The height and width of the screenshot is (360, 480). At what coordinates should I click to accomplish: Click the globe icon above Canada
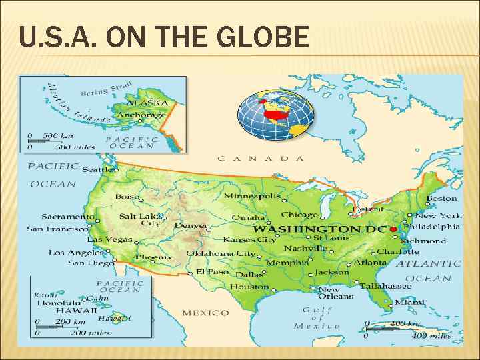click(x=275, y=115)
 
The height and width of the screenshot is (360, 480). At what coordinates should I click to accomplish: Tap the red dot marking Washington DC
click(x=393, y=229)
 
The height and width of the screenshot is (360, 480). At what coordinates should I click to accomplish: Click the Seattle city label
click(x=97, y=170)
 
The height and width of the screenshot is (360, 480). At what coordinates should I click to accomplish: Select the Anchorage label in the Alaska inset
click(x=141, y=115)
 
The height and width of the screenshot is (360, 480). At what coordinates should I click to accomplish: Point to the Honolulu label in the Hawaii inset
click(x=59, y=301)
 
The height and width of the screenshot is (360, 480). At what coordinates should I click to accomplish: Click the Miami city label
click(x=409, y=301)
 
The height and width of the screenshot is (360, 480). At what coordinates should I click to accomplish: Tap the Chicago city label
click(x=300, y=215)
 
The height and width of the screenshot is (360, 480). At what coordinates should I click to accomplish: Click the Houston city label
click(x=249, y=286)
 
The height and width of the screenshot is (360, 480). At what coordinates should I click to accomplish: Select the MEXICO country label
click(x=205, y=313)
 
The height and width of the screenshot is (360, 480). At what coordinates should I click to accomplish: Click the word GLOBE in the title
click(x=265, y=37)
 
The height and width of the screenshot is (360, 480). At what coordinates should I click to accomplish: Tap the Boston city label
click(x=441, y=198)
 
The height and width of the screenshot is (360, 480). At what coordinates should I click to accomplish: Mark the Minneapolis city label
click(x=252, y=196)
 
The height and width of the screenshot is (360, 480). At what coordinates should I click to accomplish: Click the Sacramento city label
click(x=67, y=217)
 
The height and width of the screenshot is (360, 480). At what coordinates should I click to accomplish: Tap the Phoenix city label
click(x=153, y=257)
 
